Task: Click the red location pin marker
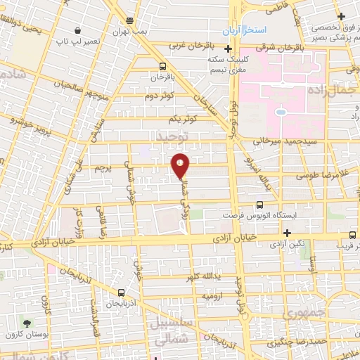(x=181, y=165)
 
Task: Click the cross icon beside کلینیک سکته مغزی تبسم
(x=228, y=49)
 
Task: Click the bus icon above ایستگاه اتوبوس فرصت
(x=259, y=205)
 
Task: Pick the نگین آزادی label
(x=289, y=243)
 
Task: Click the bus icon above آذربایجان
(x=122, y=292)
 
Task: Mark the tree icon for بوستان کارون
(x=27, y=323)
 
